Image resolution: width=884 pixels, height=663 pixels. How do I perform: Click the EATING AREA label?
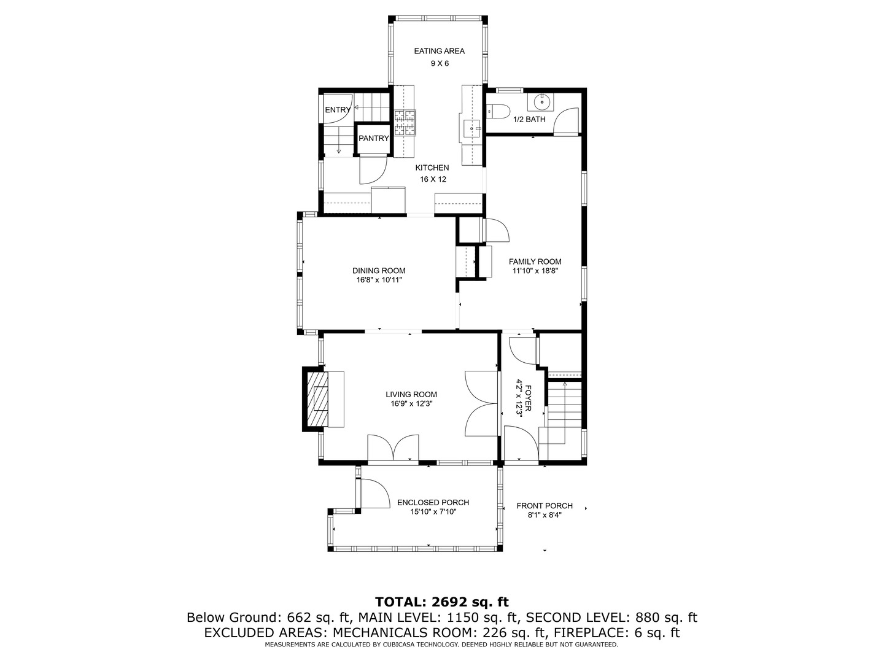(x=439, y=51)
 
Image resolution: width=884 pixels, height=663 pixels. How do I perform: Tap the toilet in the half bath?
(x=498, y=111)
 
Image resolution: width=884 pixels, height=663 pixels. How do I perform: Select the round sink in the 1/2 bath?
(x=543, y=103)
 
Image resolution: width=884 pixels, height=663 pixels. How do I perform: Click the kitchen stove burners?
(x=405, y=122)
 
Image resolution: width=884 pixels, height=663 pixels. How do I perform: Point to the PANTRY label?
(x=374, y=139)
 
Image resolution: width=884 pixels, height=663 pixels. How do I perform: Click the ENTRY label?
(x=338, y=110)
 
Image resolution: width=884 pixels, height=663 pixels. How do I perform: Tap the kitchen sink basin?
(x=472, y=128)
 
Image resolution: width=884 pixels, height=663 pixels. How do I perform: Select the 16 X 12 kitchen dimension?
(x=433, y=179)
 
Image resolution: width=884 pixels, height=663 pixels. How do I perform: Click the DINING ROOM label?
(x=379, y=271)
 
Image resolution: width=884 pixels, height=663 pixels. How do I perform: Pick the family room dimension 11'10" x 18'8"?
(x=535, y=271)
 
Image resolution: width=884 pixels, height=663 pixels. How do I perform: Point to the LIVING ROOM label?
(x=411, y=395)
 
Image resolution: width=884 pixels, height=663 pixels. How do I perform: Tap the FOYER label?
(x=528, y=398)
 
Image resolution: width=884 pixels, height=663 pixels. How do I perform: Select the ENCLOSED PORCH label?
(x=433, y=502)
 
